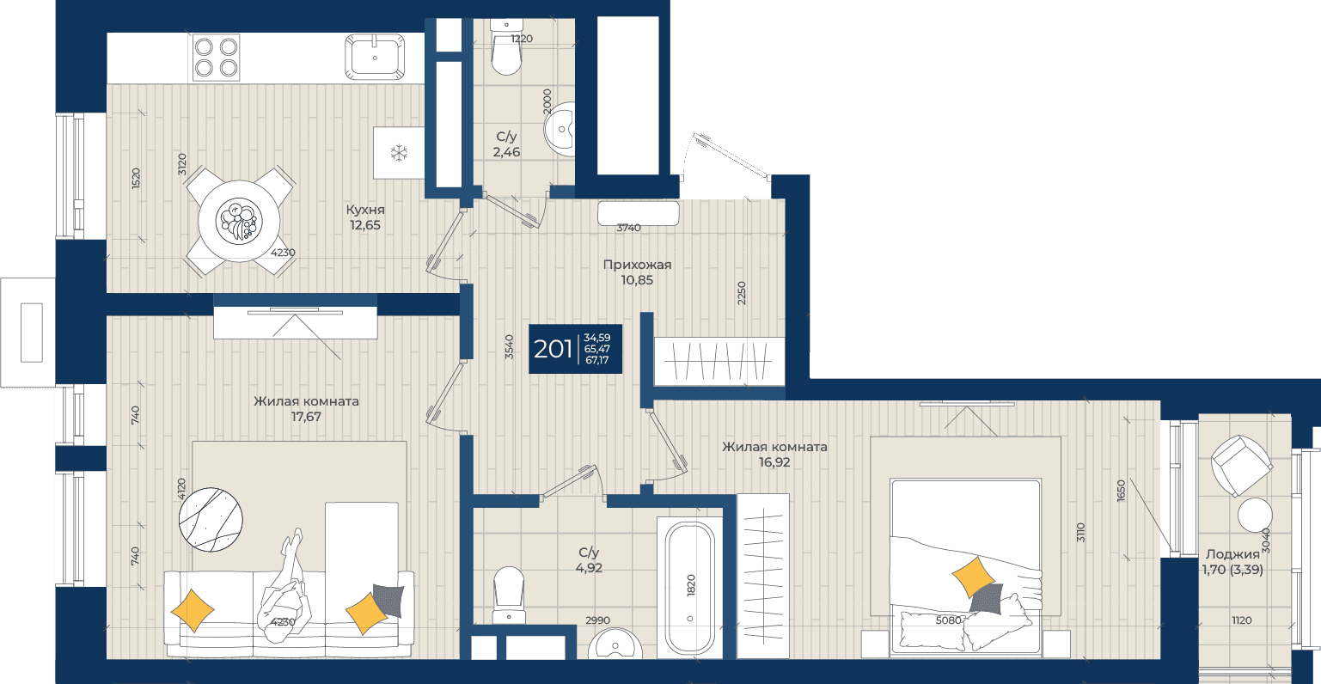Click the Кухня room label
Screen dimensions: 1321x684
(x=365, y=210)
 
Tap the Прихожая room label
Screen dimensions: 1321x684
(x=637, y=265)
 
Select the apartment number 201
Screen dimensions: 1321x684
(x=553, y=349)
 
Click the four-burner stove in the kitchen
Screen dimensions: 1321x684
(x=217, y=58)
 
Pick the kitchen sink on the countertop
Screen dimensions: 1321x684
(x=375, y=57)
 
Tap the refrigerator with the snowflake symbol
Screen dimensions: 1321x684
(x=400, y=153)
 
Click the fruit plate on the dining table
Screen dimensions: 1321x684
(x=239, y=221)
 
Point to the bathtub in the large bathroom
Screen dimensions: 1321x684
(x=690, y=588)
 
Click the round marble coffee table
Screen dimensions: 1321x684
(x=211, y=520)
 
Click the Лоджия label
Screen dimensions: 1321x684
(x=1232, y=554)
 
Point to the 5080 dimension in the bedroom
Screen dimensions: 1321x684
(x=948, y=620)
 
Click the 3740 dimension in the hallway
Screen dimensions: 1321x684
(x=628, y=228)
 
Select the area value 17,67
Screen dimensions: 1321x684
(x=306, y=417)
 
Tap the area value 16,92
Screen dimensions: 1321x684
(x=774, y=463)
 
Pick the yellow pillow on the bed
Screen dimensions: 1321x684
(x=974, y=577)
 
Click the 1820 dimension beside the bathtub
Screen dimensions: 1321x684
(x=691, y=585)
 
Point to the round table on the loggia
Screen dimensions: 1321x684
(x=1255, y=516)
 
